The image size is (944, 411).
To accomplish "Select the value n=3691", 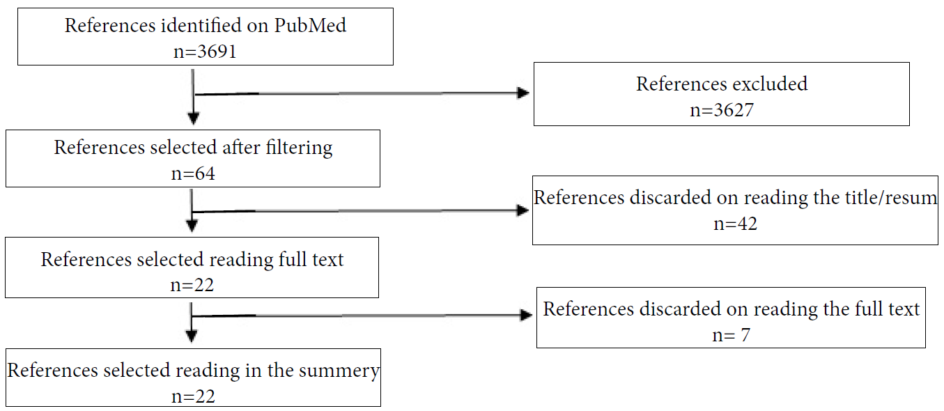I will [x=206, y=50].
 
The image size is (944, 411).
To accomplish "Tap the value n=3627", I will [x=721, y=110].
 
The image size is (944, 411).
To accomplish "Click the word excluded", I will [x=765, y=84].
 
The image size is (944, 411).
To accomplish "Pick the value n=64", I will [x=193, y=173].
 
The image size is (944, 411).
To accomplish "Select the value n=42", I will [x=735, y=224].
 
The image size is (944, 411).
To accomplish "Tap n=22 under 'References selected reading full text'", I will [x=192, y=284].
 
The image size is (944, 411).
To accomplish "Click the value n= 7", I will [x=731, y=334].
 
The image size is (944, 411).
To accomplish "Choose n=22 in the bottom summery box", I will [x=193, y=396].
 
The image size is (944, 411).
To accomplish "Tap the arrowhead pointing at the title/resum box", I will [x=522, y=210].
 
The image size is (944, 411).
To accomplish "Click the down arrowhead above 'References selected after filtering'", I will [x=194, y=118].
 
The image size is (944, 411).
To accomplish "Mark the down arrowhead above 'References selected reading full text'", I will [x=192, y=225].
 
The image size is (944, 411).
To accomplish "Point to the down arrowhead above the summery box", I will [x=192, y=336].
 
